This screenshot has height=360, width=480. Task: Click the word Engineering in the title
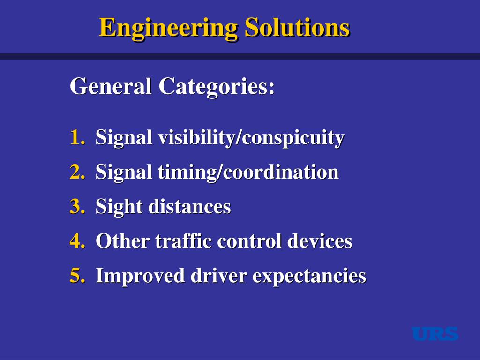tap(169, 28)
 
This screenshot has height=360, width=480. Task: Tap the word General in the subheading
tap(111, 87)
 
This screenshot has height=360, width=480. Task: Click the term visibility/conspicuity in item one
tap(251, 138)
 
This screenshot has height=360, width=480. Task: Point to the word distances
tap(189, 207)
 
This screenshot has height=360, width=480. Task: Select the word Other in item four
tap(123, 241)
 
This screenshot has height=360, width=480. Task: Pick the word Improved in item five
tap(141, 276)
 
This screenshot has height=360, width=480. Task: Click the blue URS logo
tap(435, 334)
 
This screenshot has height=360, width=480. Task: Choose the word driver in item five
tap(218, 276)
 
